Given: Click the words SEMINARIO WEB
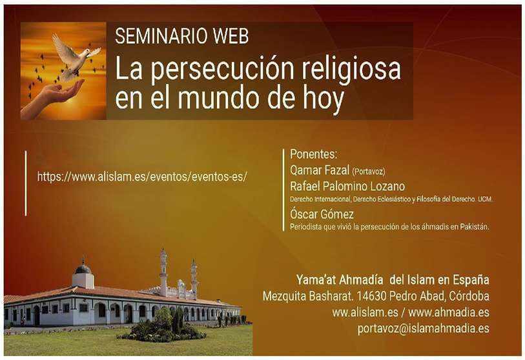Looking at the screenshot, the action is (182, 36).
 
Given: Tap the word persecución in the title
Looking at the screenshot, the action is (221, 69).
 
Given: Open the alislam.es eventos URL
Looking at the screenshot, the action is (142, 176).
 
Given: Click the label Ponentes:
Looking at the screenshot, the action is (313, 154).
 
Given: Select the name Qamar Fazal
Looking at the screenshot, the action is (320, 170).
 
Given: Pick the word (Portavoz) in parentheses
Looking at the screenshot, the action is (368, 172).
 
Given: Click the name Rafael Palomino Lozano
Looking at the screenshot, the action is (347, 186).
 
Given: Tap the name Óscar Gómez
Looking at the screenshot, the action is (322, 214).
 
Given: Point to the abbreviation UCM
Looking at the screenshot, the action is (485, 199).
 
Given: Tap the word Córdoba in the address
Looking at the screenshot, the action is (469, 295).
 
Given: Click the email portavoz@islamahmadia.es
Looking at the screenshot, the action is (423, 328).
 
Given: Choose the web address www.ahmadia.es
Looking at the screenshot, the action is (449, 312).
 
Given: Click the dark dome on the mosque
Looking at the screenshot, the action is (83, 267).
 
